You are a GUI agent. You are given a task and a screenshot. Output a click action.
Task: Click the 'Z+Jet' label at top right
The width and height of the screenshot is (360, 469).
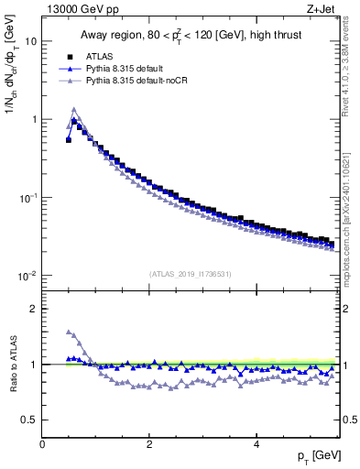(x=323, y=9)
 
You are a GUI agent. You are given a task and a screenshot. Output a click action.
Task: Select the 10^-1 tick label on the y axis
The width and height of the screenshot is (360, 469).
(x=28, y=197)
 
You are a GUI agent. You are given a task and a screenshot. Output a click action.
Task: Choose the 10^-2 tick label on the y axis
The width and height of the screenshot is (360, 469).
(x=28, y=275)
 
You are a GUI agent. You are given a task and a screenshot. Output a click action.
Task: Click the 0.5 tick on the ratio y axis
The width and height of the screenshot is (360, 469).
(x=30, y=420)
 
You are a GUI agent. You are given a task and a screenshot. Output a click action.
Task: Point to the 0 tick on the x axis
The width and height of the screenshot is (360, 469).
(x=42, y=444)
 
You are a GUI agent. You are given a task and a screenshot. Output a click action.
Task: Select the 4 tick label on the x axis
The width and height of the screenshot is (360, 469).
(x=256, y=444)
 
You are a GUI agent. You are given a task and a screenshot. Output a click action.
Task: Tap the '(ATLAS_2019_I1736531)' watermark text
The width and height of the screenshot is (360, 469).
(x=189, y=273)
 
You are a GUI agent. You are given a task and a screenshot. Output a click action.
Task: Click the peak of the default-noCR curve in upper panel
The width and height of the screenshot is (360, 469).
(x=74, y=109)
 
